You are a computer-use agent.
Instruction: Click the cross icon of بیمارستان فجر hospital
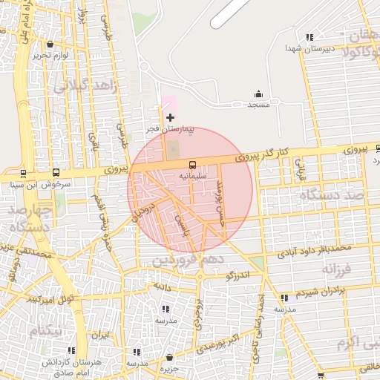(x=171, y=117)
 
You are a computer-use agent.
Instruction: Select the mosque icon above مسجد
(x=258, y=94)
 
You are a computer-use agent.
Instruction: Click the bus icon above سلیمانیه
(x=193, y=165)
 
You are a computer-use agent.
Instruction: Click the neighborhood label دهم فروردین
(x=183, y=261)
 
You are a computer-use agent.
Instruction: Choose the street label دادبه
(x=163, y=285)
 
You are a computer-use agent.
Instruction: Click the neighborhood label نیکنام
(x=46, y=330)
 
